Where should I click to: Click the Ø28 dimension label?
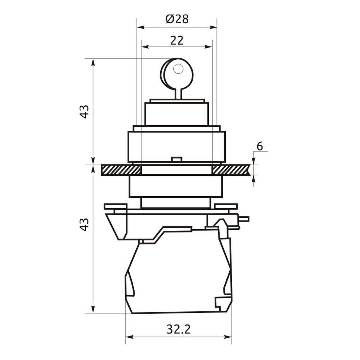click(x=177, y=19)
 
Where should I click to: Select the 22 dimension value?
click(x=177, y=40)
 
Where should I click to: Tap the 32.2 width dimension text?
click(x=179, y=330)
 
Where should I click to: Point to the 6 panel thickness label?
click(x=260, y=146)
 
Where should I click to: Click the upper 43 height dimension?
click(x=85, y=112)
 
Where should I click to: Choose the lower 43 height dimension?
click(x=85, y=224)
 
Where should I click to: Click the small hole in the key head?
click(x=178, y=69)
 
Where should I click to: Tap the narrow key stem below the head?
click(x=179, y=94)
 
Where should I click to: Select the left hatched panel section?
click(x=121, y=170)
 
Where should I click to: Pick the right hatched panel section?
click(x=231, y=170)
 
